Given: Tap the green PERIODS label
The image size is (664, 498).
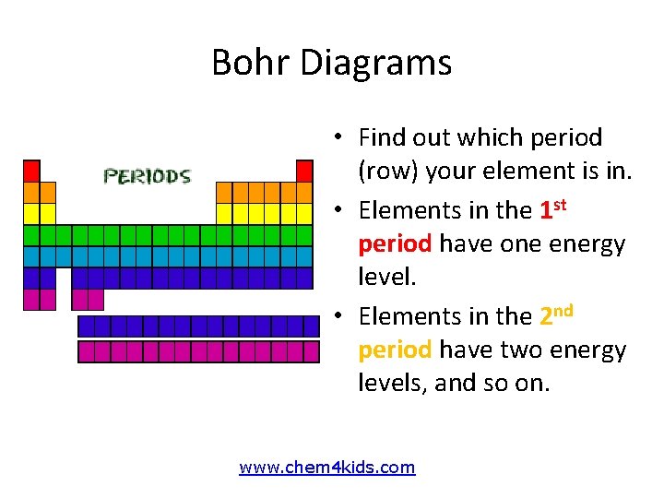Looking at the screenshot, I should [148, 176].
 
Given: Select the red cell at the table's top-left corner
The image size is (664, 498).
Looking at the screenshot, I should [31, 171].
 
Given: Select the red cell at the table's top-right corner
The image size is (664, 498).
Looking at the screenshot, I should [305, 171].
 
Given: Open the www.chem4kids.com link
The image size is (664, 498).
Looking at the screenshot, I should [327, 468].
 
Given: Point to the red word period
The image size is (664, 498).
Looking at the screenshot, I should [396, 244].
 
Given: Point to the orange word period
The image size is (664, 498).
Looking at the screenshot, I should [396, 350].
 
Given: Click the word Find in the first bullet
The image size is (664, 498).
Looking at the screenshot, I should [381, 138].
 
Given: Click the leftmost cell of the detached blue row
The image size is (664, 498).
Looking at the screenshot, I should [87, 326].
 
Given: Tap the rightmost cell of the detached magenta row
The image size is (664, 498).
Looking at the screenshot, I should [311, 351].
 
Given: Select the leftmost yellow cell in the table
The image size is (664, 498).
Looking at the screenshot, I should [31, 213].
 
